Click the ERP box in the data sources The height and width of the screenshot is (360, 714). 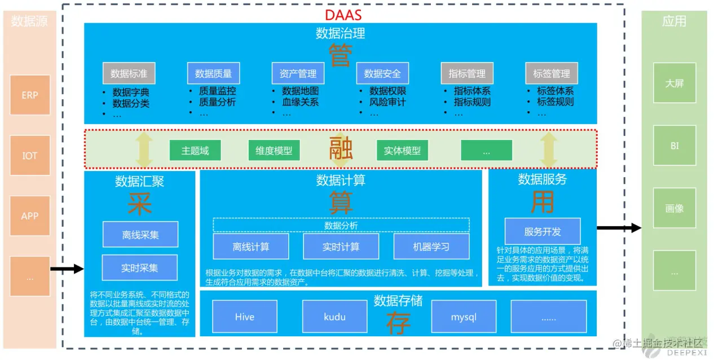click(x=30, y=95)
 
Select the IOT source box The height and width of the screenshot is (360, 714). click(x=30, y=155)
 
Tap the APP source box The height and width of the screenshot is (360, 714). click(x=30, y=216)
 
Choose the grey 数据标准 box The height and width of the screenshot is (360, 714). click(x=129, y=73)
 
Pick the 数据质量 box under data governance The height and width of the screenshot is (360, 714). click(x=213, y=73)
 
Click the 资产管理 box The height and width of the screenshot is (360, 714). click(x=298, y=73)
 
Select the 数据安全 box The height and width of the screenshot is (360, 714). click(x=382, y=73)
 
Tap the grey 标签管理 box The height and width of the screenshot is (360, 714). click(x=551, y=73)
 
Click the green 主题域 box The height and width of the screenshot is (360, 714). click(x=195, y=151)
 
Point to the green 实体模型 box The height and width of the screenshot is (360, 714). click(x=402, y=151)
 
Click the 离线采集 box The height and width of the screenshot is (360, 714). click(x=140, y=234)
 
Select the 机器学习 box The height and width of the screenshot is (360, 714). click(x=431, y=247)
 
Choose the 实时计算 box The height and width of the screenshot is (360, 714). click(x=341, y=247)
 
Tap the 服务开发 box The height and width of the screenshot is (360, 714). click(x=542, y=231)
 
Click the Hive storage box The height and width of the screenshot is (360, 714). click(x=245, y=317)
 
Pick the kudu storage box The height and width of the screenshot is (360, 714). click(x=334, y=317)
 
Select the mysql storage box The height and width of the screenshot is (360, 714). click(x=464, y=317)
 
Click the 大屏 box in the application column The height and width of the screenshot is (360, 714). click(x=674, y=83)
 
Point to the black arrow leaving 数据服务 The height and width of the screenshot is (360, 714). click(x=619, y=228)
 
